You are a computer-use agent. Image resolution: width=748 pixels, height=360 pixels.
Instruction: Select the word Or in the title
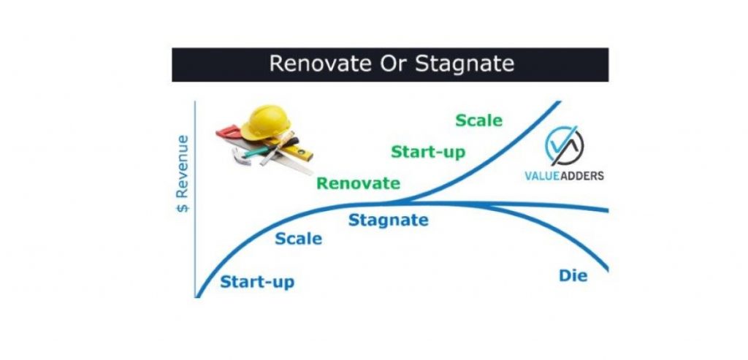394,64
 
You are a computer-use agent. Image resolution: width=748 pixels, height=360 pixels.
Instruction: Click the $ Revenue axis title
183,174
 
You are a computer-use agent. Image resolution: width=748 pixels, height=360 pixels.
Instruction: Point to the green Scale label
479,120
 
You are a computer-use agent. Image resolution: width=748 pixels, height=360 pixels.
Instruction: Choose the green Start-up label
428,152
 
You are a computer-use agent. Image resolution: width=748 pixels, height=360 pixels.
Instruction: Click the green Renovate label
358,183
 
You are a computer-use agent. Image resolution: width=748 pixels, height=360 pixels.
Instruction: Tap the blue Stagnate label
389,221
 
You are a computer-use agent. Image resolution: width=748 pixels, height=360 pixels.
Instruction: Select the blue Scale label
299,238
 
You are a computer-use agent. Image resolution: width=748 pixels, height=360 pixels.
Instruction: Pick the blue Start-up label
257,282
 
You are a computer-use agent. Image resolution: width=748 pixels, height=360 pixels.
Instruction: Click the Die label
573,275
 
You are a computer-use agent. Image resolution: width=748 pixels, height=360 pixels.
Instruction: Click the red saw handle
229,132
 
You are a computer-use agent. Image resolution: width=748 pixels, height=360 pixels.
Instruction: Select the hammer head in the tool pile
241,156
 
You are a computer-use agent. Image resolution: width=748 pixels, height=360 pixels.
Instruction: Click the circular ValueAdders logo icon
564,146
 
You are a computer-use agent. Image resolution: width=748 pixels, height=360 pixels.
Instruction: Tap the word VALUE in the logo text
543,176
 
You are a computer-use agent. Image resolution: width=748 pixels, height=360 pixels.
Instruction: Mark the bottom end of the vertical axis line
195,297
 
